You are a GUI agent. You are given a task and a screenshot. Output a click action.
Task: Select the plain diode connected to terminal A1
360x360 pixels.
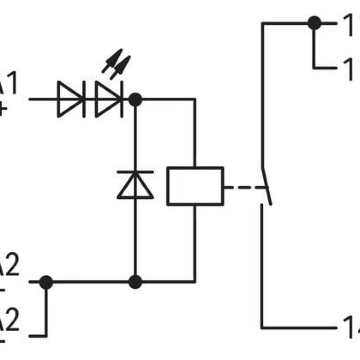click(71, 99)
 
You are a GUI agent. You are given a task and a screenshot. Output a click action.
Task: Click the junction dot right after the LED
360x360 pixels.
click(135, 99)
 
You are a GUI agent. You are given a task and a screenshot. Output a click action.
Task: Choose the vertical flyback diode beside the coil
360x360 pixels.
click(135, 184)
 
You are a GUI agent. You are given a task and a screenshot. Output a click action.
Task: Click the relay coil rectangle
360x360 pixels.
click(195, 186)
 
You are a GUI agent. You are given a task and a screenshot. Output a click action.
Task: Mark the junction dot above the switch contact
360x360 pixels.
click(314, 23)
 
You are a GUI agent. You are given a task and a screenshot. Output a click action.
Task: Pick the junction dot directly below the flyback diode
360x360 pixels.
click(135, 282)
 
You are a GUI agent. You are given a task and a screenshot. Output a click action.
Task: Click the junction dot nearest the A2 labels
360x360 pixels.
click(46, 282)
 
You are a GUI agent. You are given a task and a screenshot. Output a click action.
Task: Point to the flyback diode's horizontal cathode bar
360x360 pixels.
click(135, 172)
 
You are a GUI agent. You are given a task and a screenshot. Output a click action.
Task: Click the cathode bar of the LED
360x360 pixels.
click(122, 99)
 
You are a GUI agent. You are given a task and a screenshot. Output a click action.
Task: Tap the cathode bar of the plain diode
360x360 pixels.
click(84, 99)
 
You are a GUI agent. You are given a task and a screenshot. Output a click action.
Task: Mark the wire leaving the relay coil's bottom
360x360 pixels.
click(195, 243)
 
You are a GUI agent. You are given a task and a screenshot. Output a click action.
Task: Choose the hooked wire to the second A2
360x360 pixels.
click(46, 315)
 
